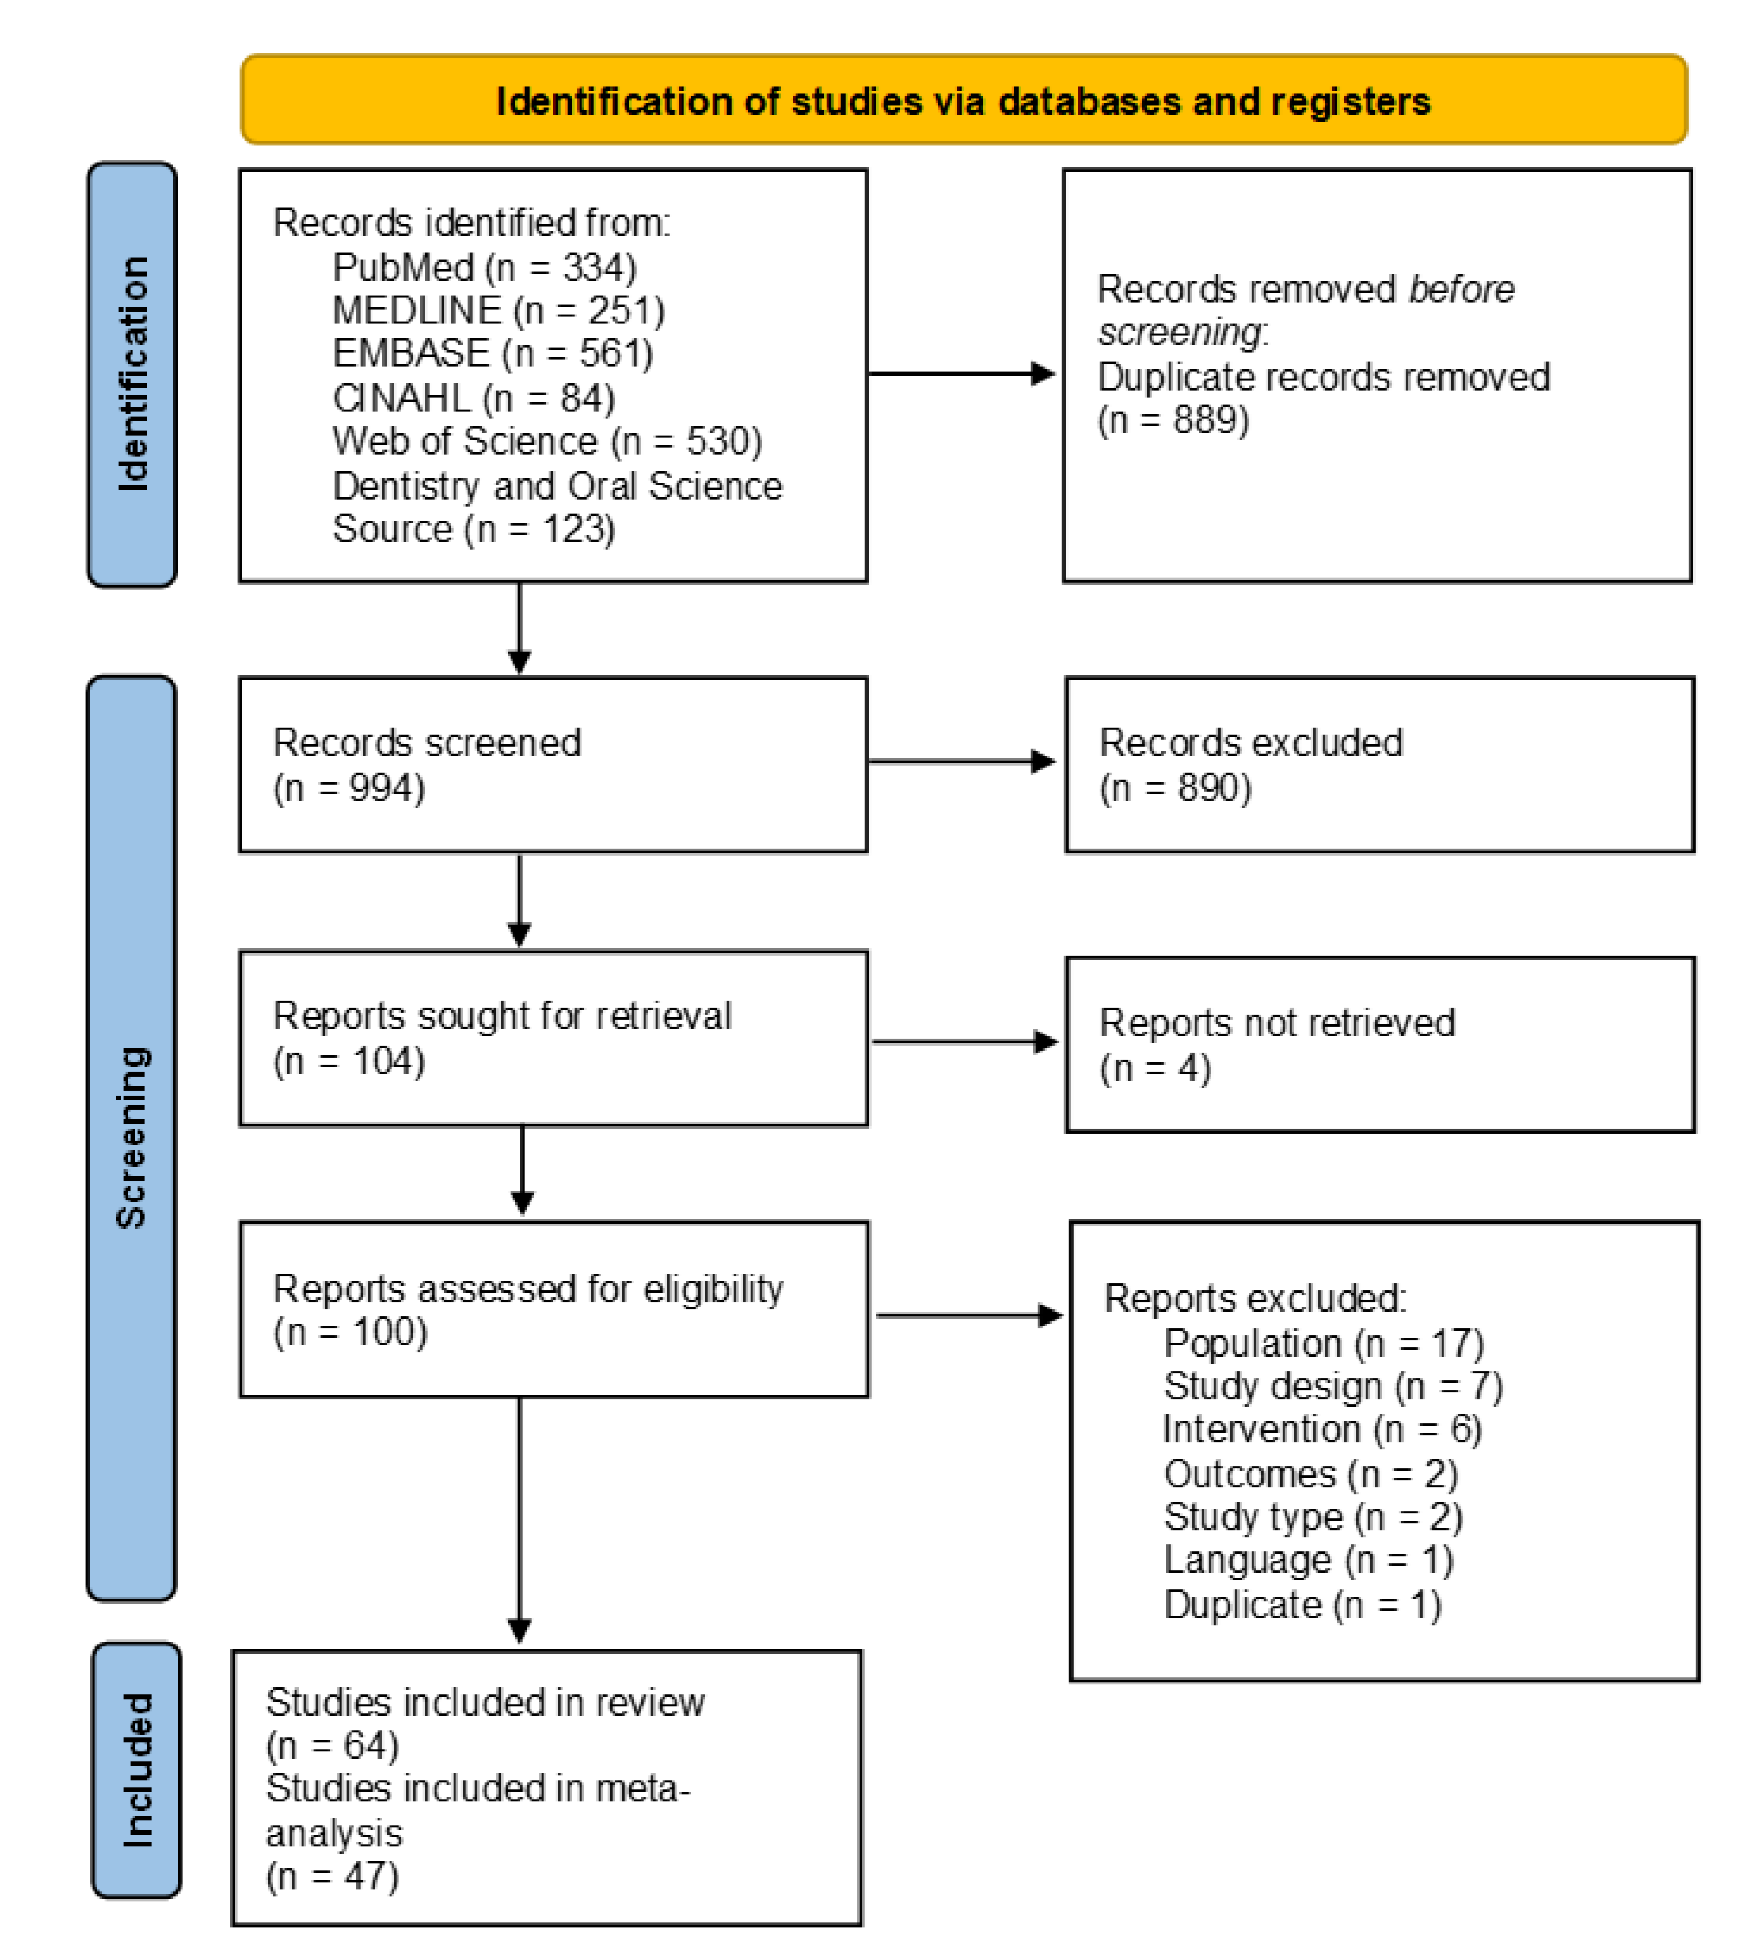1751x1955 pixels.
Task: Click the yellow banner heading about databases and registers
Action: click(963, 101)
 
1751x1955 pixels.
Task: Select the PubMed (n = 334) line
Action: click(484, 267)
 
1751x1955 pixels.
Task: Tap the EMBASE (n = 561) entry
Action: click(493, 354)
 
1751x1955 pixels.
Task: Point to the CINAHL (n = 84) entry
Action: click(473, 398)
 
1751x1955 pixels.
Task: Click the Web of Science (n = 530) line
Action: click(546, 442)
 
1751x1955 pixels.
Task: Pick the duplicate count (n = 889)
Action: click(1173, 420)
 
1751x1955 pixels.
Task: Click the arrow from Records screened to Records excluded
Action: click(962, 761)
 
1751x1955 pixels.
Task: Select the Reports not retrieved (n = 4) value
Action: click(1154, 1068)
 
